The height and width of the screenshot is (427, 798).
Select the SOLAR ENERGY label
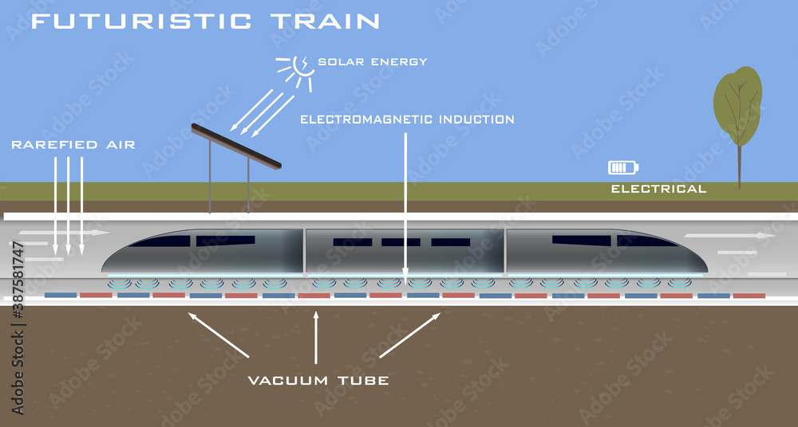tap(373, 61)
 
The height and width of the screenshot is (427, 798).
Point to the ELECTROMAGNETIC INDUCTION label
tap(407, 119)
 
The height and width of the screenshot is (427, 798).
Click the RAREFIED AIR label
tap(73, 145)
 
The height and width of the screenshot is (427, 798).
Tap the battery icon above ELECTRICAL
tap(623, 167)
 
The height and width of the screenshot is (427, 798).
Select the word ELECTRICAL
tap(658, 189)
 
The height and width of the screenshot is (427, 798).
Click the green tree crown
tap(738, 106)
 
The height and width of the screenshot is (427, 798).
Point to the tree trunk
tap(739, 167)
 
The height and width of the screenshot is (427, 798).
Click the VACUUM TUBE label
tap(318, 381)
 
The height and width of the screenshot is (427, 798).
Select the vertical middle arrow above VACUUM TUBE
tap(317, 339)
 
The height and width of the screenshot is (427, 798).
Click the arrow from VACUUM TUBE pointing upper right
tap(410, 335)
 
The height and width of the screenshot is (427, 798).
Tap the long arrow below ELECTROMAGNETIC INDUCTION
tap(406, 207)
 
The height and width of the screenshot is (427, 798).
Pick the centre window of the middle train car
tap(401, 242)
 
